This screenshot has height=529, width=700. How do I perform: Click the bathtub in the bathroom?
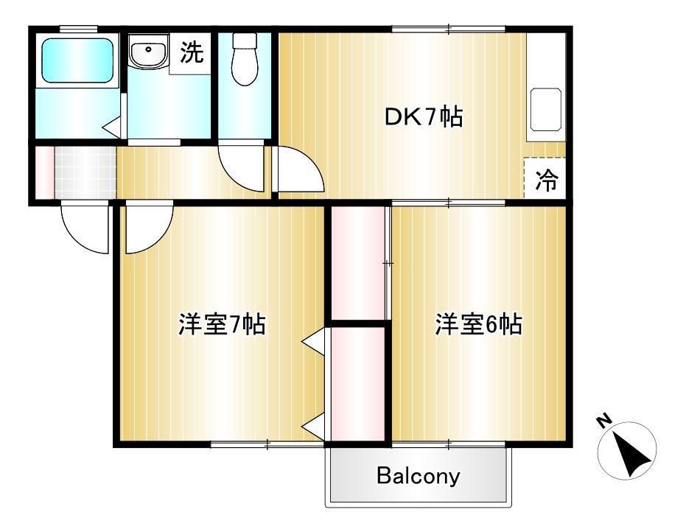click(77, 60)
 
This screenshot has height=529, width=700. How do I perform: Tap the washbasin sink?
click(148, 52)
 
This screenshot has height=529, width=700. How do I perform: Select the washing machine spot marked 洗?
click(192, 52)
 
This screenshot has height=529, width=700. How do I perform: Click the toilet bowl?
click(245, 59)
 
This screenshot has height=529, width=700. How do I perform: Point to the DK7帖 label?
click(423, 117)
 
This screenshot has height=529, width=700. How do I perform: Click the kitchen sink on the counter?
click(545, 109)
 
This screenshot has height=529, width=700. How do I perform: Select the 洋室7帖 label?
click(222, 324)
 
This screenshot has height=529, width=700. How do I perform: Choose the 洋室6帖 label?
click(478, 324)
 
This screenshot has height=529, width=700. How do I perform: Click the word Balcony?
click(419, 476)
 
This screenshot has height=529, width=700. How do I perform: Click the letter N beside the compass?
click(604, 421)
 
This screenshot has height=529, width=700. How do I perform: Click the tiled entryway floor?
click(85, 172)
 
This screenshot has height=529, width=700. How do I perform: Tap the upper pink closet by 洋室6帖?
click(358, 263)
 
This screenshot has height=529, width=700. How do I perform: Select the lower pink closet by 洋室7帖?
click(358, 384)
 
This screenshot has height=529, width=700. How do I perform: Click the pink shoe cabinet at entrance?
click(45, 172)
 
